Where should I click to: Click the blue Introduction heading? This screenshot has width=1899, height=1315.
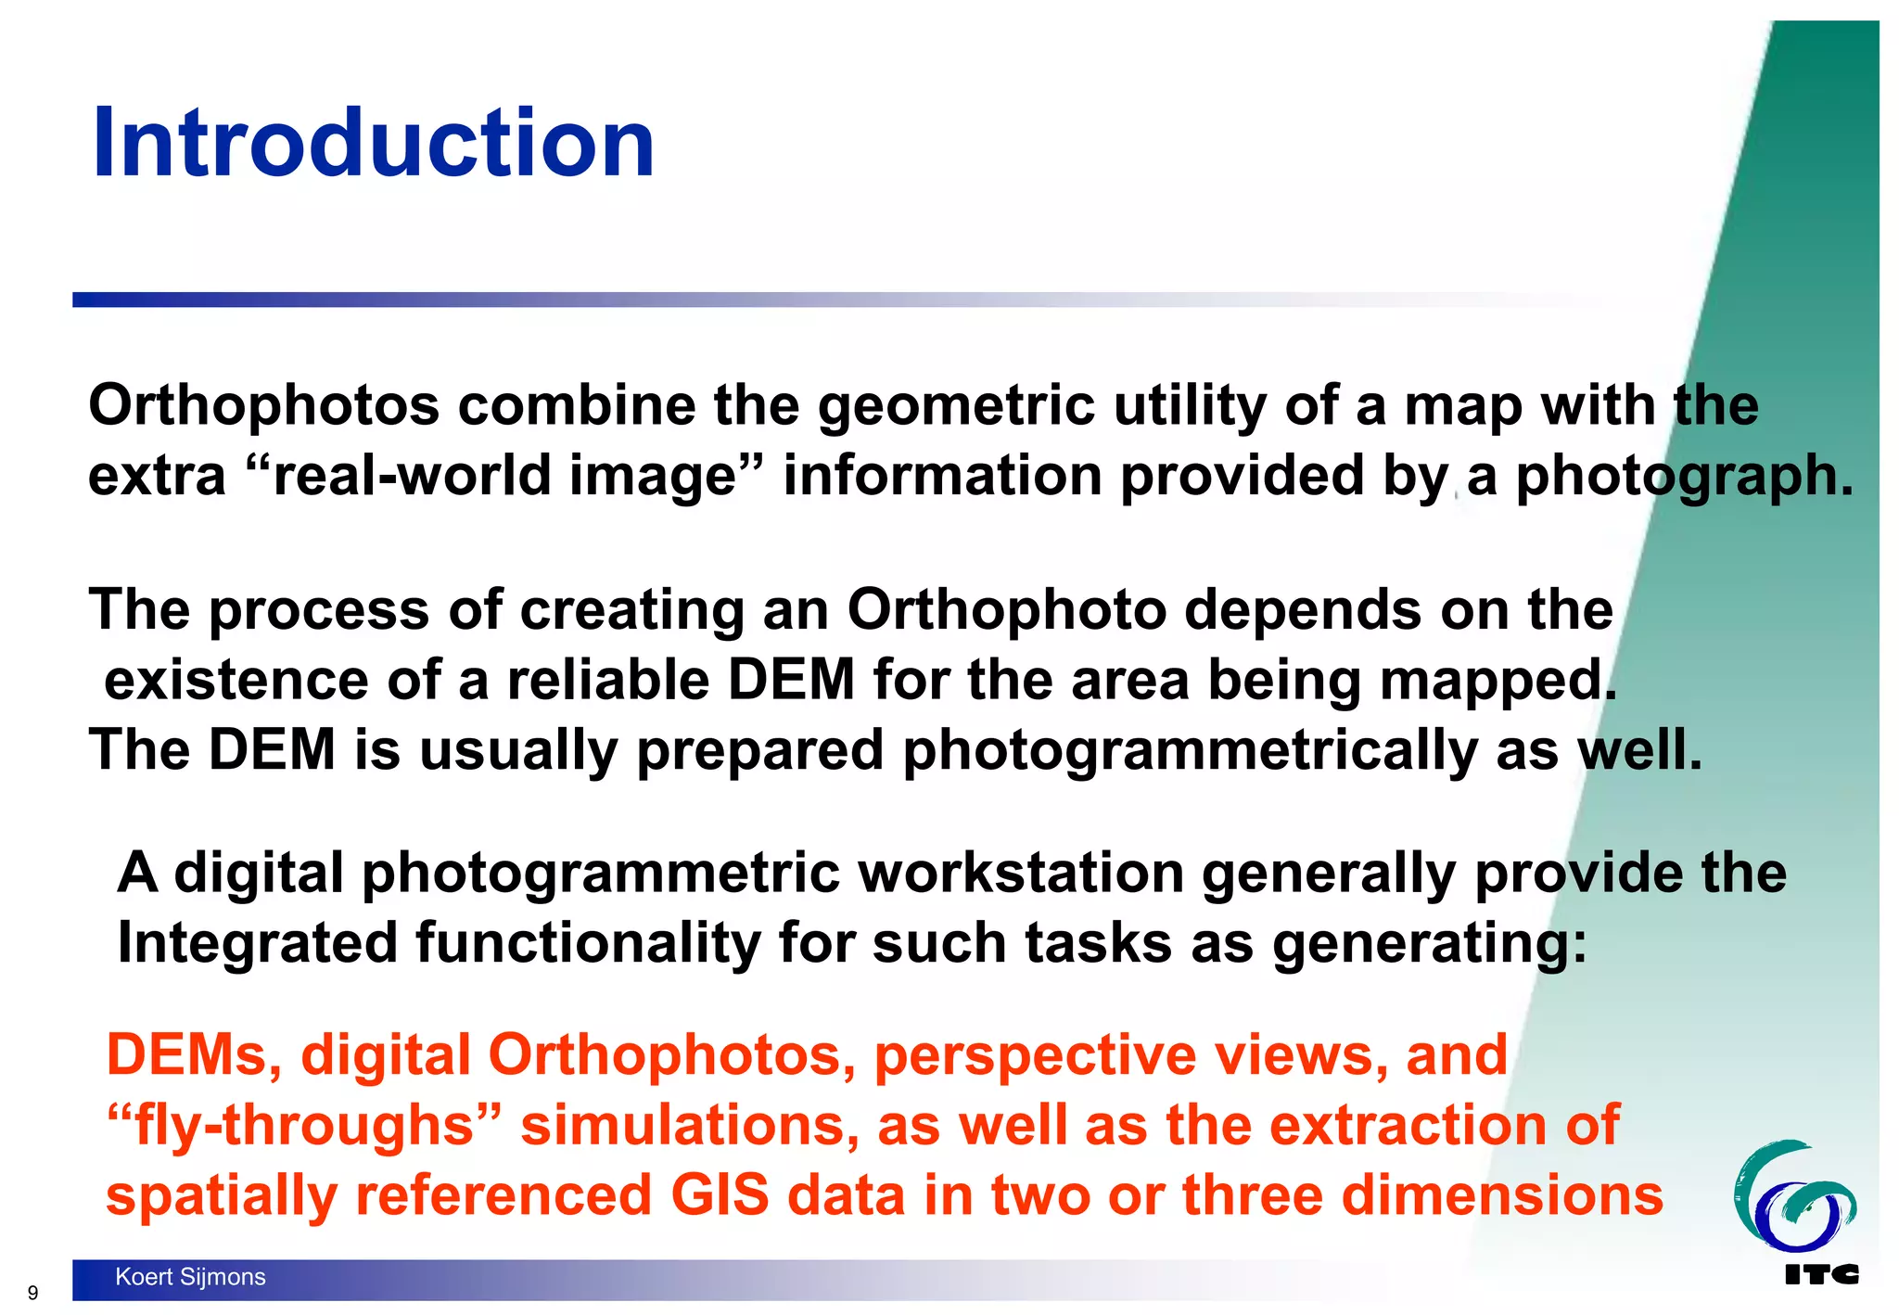tap(373, 144)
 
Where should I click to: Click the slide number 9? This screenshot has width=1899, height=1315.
tap(33, 1293)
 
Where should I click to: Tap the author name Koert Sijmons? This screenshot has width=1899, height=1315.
tap(190, 1277)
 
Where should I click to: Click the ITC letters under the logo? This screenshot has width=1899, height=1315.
tap(1821, 1275)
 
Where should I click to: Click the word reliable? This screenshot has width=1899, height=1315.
tap(607, 680)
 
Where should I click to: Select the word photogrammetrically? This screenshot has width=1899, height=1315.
tap(1190, 749)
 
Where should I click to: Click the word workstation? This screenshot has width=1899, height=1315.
tap(1021, 873)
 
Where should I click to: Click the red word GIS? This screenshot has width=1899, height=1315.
tap(720, 1194)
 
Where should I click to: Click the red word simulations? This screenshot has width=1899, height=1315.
tap(690, 1125)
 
